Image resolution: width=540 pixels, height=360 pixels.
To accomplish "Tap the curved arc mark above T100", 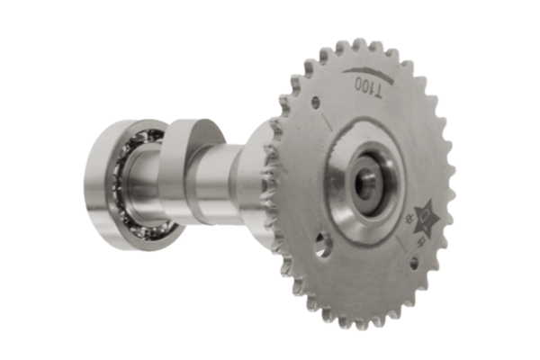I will pyautogui.click(x=364, y=71).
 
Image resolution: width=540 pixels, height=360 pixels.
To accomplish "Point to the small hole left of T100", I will pyautogui.click(x=314, y=103).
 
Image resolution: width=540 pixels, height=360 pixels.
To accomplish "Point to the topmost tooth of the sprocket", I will pyautogui.click(x=359, y=43).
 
